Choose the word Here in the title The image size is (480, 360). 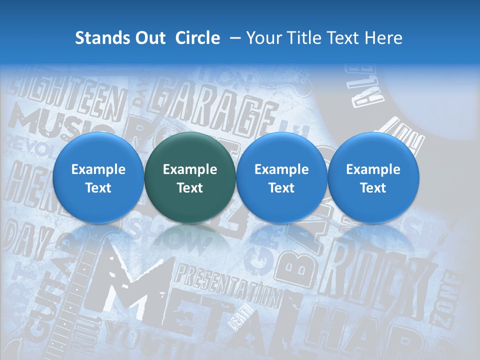383,38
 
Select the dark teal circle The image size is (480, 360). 190,177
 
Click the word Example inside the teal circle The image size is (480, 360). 190,169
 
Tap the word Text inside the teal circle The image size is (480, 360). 190,188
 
